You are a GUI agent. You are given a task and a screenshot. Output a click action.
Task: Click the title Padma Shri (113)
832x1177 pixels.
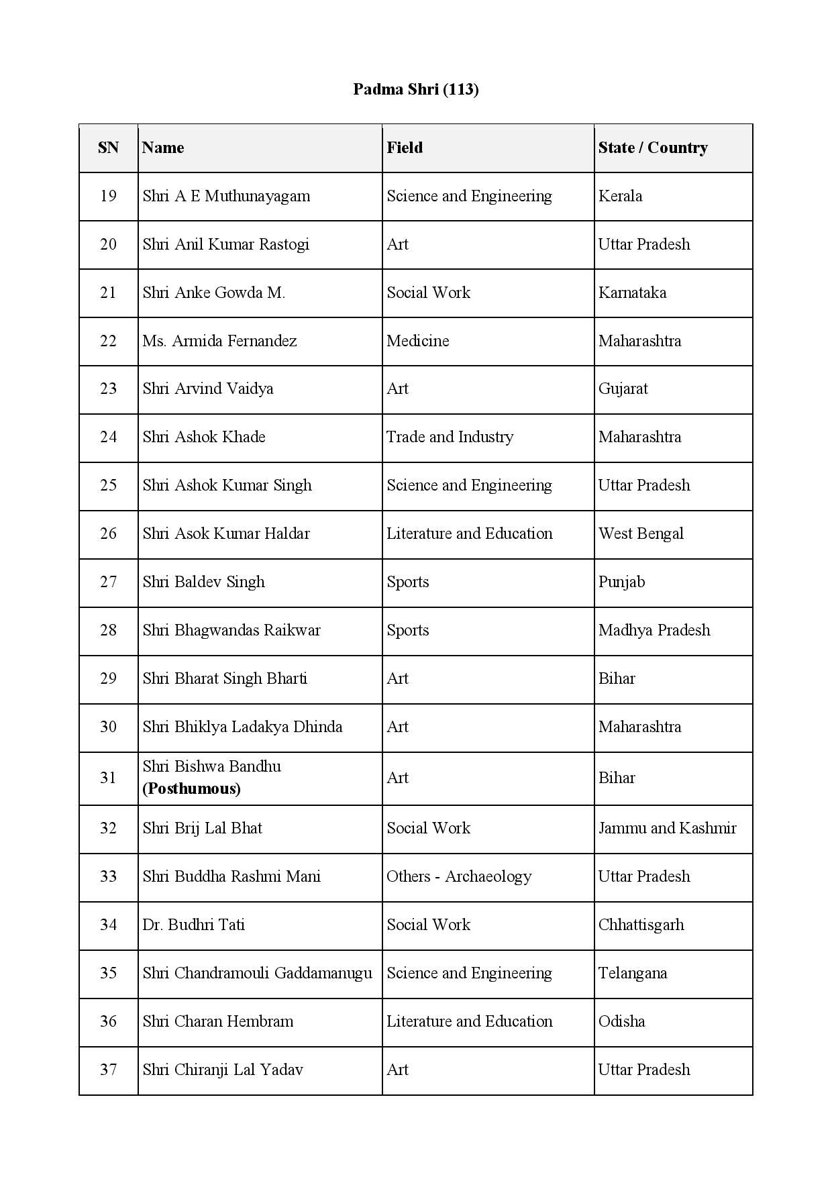pos(415,89)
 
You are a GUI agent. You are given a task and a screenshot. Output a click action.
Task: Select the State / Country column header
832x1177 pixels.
pos(652,148)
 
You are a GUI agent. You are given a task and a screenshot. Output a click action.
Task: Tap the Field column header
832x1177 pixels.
pos(405,148)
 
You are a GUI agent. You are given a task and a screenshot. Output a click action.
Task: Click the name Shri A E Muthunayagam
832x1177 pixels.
pos(226,196)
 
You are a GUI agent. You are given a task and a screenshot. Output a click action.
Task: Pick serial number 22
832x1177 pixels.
pos(108,341)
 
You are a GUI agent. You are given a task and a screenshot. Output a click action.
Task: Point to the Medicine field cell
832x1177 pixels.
pos(417,341)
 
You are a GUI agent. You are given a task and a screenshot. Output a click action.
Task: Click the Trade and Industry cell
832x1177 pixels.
pos(450,437)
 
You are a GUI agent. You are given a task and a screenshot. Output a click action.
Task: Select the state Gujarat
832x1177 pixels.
pos(623,389)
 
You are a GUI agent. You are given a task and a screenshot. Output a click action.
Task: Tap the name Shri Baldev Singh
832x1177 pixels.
pos(203,582)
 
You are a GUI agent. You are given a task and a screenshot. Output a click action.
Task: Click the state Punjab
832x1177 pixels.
pos(621,582)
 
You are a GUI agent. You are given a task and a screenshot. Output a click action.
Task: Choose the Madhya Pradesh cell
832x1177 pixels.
pos(654,630)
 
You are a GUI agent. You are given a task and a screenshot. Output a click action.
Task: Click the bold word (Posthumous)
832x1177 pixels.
pos(191,788)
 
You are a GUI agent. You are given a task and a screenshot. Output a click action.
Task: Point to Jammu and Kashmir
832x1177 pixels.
pos(667,828)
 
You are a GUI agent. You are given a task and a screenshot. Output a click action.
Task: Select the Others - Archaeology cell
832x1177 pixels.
pos(459,876)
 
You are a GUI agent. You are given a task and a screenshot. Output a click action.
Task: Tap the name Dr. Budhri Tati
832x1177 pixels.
pos(193,925)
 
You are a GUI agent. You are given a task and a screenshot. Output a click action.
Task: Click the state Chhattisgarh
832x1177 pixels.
pos(641,925)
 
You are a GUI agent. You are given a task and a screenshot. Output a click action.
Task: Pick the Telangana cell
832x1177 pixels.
pos(632,973)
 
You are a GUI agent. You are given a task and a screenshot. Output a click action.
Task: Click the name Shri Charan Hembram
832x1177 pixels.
pos(217,1021)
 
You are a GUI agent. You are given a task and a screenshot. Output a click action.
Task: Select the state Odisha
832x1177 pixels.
pos(621,1021)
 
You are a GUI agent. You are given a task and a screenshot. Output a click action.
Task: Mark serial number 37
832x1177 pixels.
pos(108,1070)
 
